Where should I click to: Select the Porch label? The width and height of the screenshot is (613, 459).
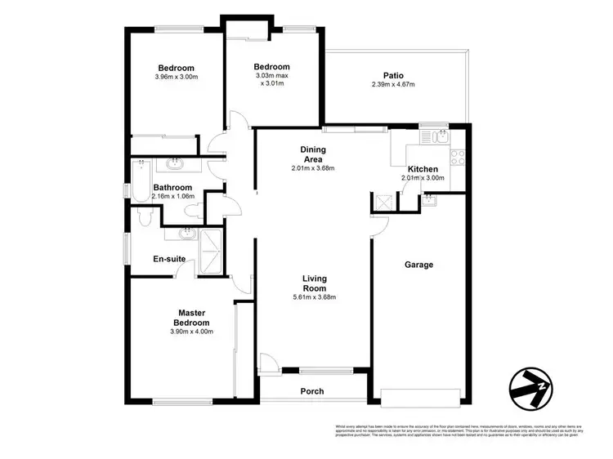(312, 391)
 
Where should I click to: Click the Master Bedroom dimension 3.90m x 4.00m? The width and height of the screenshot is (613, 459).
(191, 332)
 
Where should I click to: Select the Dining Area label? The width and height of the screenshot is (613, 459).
(313, 154)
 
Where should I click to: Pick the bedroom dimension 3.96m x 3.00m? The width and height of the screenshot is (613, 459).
(177, 77)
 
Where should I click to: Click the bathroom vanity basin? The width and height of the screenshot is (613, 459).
(175, 164)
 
